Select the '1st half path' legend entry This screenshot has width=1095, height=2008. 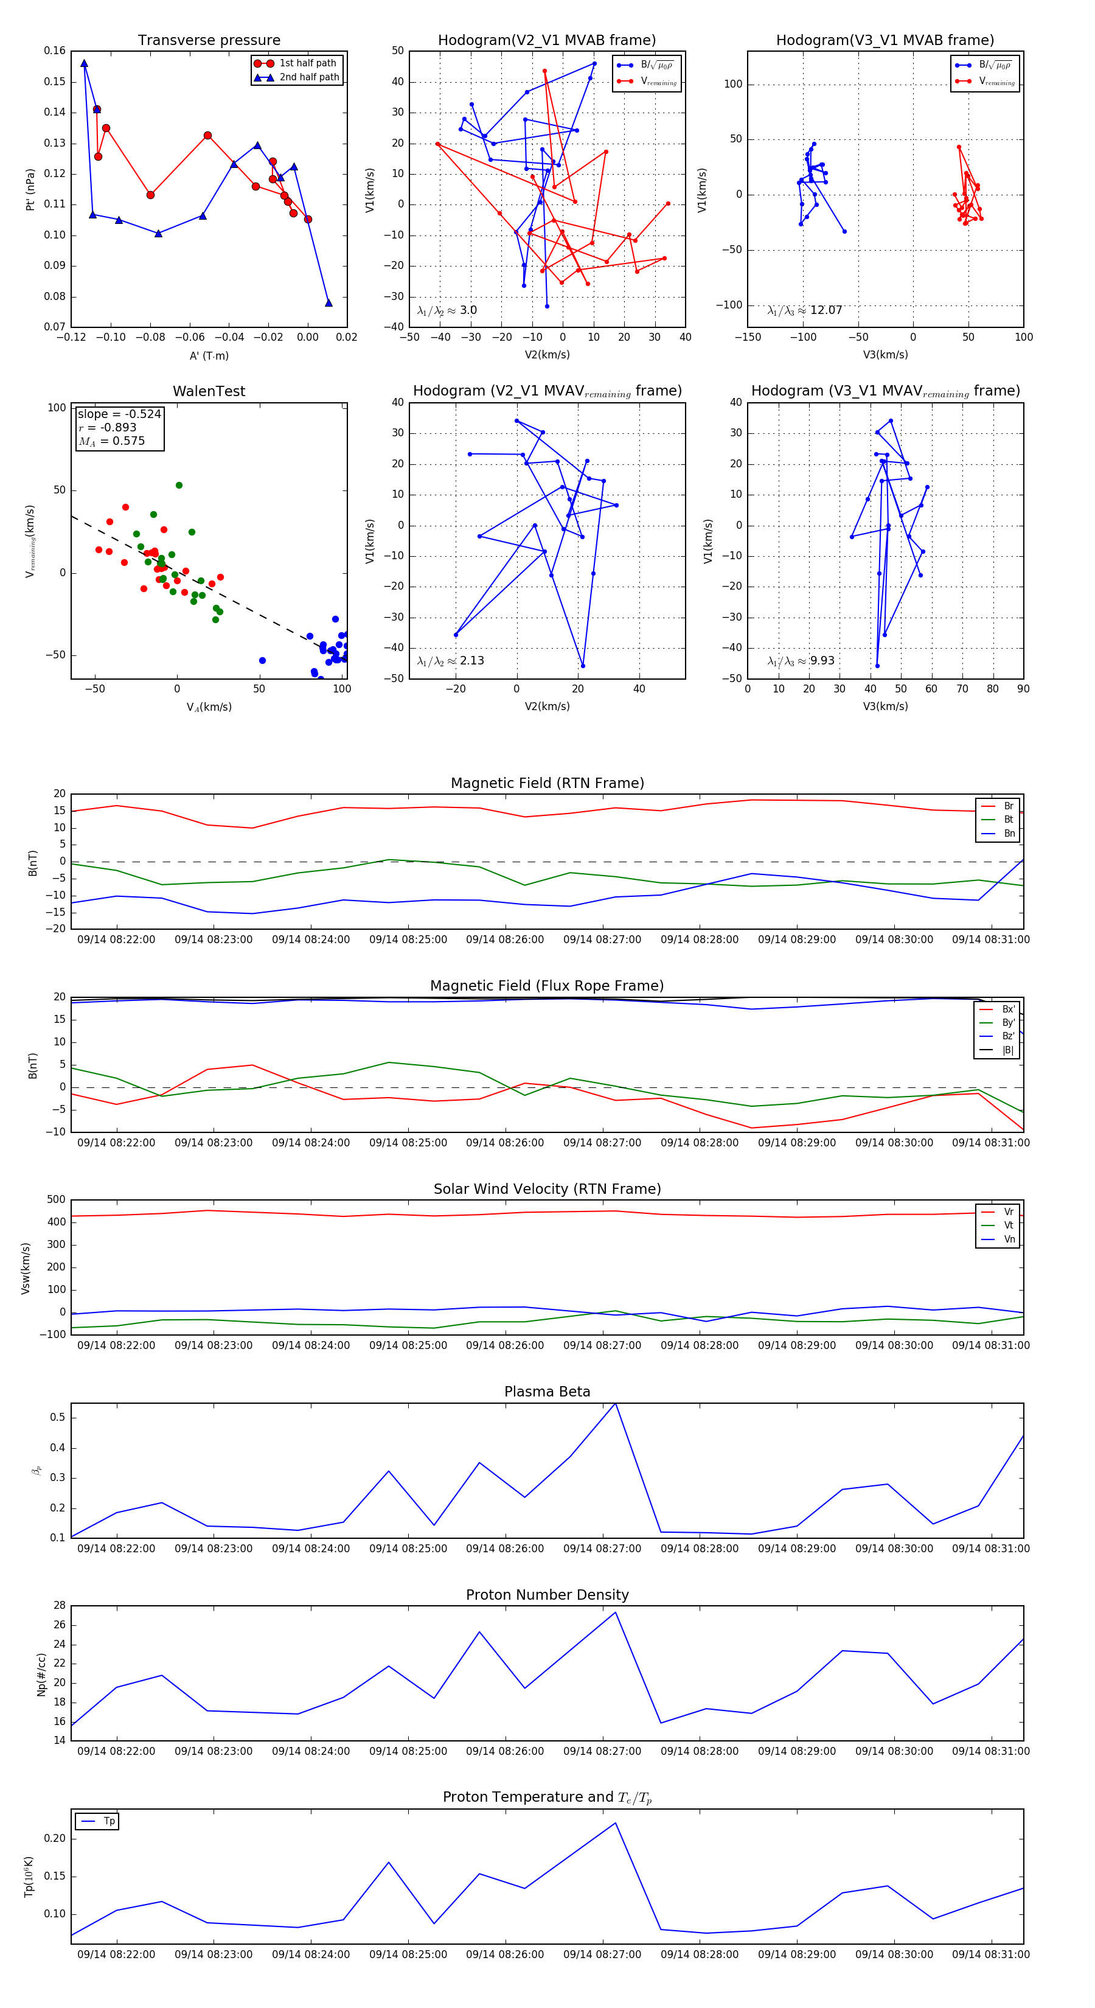coord(308,63)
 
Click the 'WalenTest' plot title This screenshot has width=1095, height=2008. coord(209,391)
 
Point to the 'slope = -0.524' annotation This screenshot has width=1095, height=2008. coord(119,414)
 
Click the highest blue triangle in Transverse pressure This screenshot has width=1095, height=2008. coord(84,64)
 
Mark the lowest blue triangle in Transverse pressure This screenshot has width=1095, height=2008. coord(328,302)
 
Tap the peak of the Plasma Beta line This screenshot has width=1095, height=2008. coord(615,1404)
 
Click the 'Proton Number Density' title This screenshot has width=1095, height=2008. coord(547,1595)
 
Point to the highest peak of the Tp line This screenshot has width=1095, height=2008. coord(615,1822)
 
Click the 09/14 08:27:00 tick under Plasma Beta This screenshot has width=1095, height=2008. coord(602,1549)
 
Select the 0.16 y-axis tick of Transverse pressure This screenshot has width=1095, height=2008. coord(55,51)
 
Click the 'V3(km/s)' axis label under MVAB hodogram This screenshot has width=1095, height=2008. coord(885,355)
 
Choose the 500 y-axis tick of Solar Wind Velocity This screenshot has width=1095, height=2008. coord(56,1200)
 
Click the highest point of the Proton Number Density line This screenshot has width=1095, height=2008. coord(615,1612)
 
